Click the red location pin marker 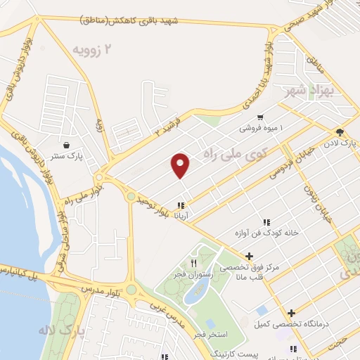181,165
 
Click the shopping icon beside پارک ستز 66,146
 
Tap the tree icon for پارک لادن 340,132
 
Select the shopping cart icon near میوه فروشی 260,117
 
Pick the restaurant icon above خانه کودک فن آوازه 266,221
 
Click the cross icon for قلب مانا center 249,256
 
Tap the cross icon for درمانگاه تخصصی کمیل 291,313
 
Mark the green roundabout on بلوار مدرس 131,290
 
